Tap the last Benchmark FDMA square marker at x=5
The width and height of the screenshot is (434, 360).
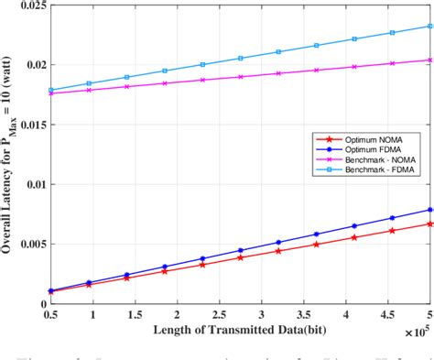[x=429, y=27]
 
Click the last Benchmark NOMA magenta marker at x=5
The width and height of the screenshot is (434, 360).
[x=429, y=60]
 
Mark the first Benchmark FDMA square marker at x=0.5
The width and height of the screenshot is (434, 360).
[x=51, y=90]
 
